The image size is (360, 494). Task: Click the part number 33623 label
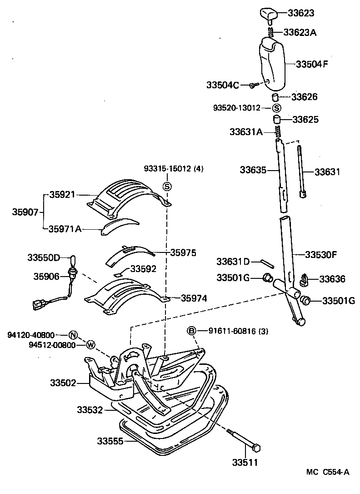(x=300, y=13)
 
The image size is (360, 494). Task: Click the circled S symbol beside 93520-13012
(x=277, y=108)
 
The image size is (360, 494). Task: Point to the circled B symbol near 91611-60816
(x=192, y=331)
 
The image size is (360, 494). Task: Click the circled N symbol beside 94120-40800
(x=74, y=335)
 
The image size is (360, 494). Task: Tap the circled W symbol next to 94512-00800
(x=90, y=344)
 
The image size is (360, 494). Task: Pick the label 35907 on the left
(x=25, y=212)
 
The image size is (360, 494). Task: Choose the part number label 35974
(x=194, y=298)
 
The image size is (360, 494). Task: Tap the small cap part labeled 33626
(x=275, y=97)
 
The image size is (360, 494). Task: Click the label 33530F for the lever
(x=320, y=254)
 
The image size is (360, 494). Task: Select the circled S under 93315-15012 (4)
(x=167, y=186)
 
